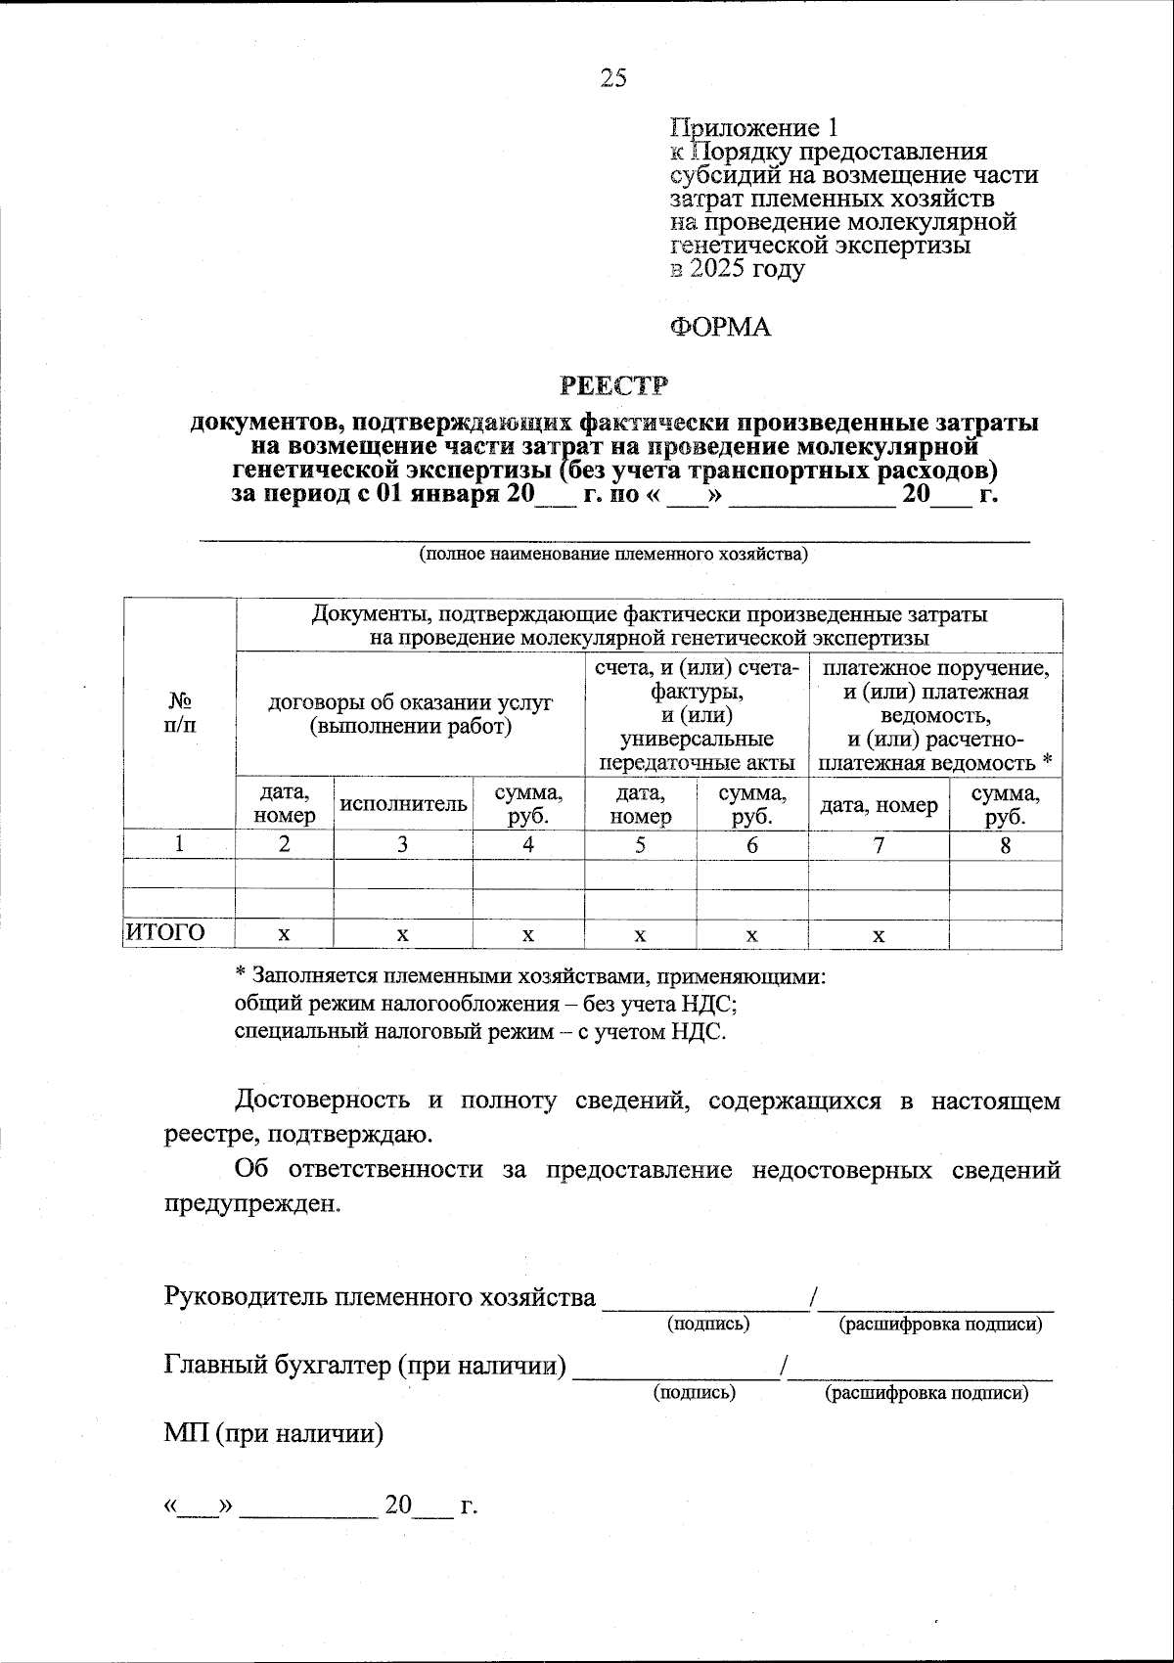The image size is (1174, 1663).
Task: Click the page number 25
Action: (613, 78)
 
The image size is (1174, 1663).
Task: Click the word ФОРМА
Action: (720, 328)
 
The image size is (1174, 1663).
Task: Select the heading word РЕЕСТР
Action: (613, 385)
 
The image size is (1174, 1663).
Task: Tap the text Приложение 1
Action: (753, 128)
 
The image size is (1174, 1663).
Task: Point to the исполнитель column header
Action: (403, 804)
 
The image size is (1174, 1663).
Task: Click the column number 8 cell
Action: (1005, 845)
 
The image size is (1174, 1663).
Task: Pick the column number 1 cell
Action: (179, 845)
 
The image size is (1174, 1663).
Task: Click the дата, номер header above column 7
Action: (879, 804)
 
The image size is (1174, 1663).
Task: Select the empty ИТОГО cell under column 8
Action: (1005, 934)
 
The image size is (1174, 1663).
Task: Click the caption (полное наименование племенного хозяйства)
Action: (613, 555)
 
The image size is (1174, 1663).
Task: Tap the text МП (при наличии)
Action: (273, 1434)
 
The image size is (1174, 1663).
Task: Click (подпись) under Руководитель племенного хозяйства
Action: (708, 1324)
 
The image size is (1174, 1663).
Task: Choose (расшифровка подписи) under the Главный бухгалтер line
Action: (926, 1392)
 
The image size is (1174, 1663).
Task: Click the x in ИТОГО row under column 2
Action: (284, 935)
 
